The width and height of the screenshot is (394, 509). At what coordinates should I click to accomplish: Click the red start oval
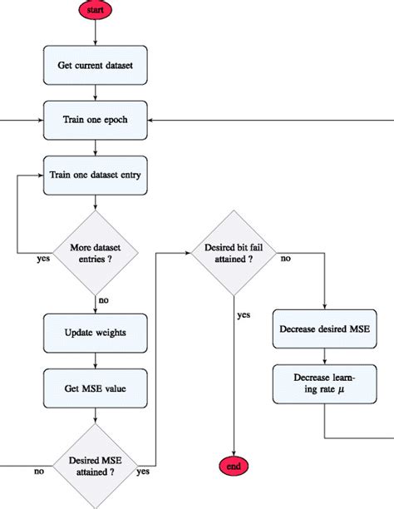pos(96,10)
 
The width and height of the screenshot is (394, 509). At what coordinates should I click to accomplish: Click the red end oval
pos(234,467)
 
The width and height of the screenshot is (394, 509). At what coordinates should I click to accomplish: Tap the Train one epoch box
pos(96,120)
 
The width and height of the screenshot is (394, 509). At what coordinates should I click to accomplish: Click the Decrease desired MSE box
pos(325,329)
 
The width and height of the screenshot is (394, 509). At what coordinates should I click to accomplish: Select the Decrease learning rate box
pos(325,383)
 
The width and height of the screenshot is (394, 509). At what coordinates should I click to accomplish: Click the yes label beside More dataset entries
pos(43,258)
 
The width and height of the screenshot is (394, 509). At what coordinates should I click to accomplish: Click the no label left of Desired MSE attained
pos(38,472)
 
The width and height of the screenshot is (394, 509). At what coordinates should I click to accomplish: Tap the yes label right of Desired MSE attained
pos(143,472)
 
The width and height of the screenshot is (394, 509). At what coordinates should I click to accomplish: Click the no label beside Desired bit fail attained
pos(285,259)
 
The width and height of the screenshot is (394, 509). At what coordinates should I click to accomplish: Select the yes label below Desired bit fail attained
pos(244,315)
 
